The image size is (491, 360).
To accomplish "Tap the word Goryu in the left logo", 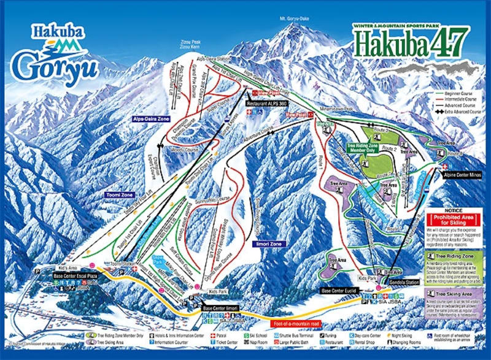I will [x=55, y=66].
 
